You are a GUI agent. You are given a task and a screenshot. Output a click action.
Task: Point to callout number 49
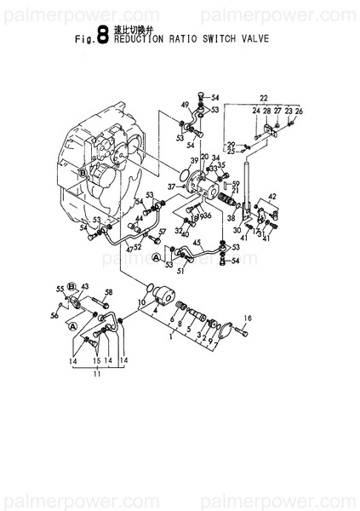click(184, 105)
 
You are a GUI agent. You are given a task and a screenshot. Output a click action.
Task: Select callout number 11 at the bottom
click(95, 373)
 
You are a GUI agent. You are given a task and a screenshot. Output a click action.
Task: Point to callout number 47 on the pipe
click(129, 249)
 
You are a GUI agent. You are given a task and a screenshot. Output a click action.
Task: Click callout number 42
click(272, 197)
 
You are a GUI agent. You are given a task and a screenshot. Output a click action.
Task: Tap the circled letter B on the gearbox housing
click(82, 171)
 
